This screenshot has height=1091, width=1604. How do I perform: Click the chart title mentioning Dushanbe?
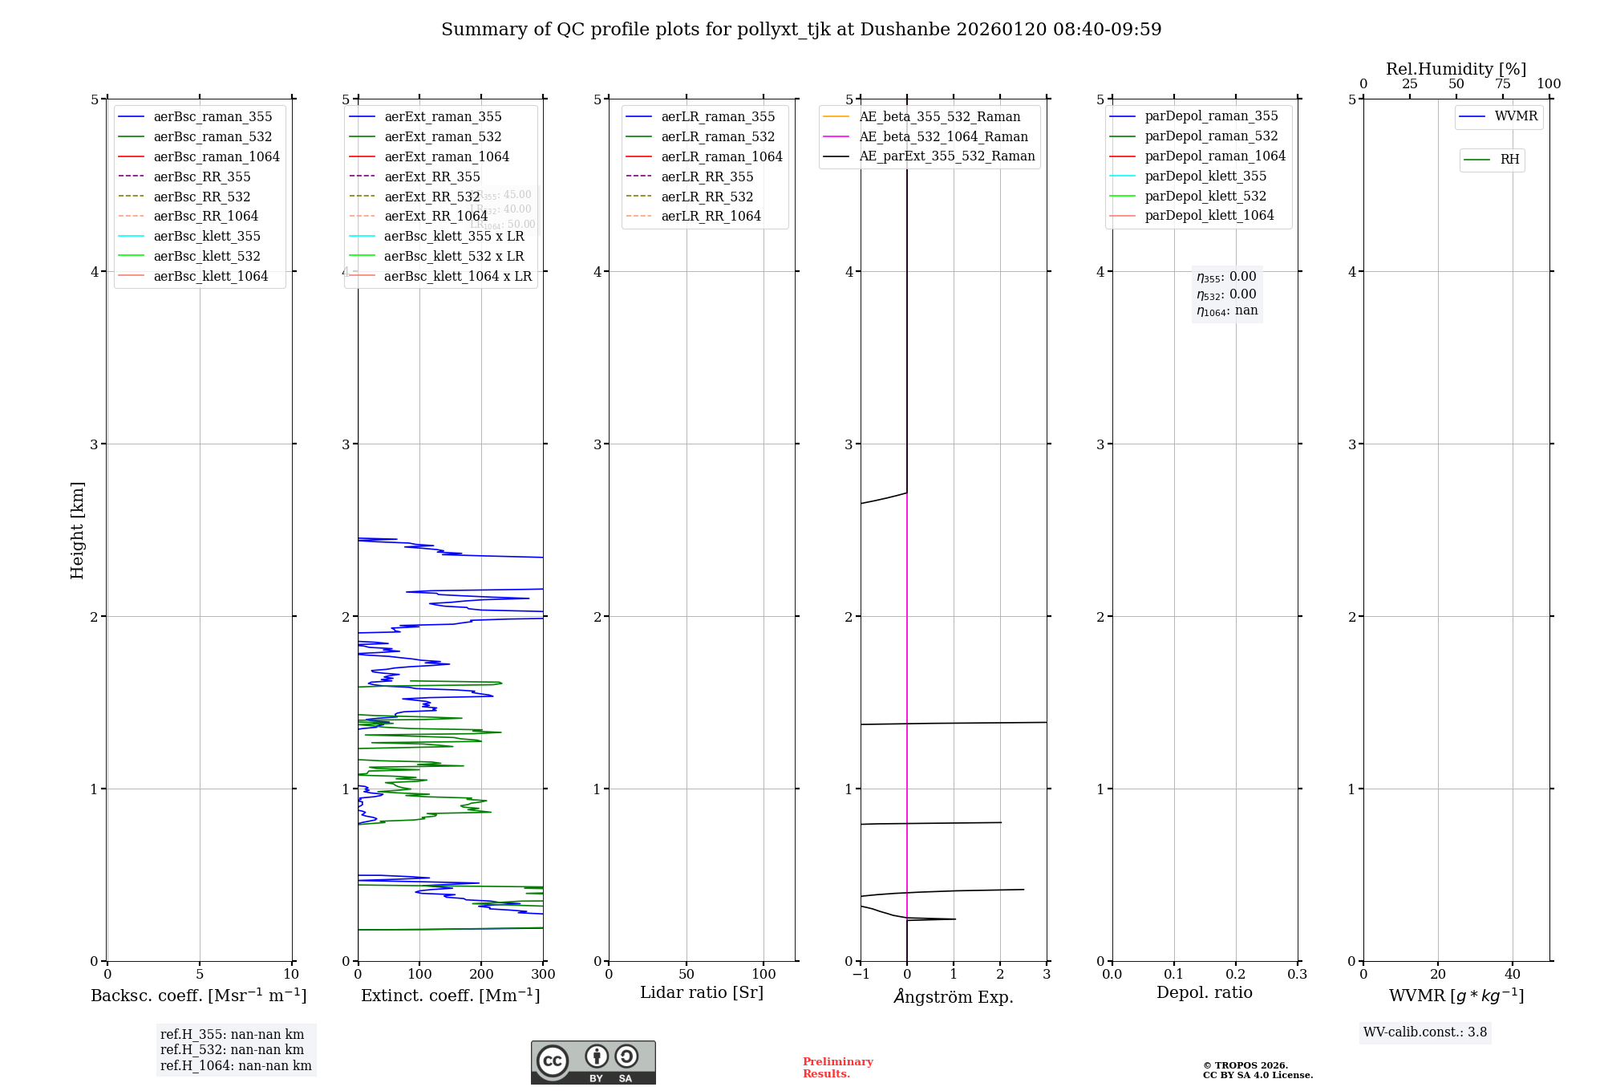tap(801, 30)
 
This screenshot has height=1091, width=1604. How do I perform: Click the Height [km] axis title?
tap(77, 530)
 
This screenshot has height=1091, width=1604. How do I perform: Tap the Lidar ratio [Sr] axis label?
tap(702, 992)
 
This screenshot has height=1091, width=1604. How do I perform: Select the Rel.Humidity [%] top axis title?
tap(1456, 69)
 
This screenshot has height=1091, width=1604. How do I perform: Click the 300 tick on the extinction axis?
tap(543, 975)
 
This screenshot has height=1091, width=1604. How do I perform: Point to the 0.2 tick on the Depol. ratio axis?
tap(1236, 975)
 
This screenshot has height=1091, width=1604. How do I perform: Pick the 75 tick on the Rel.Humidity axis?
tap(1502, 84)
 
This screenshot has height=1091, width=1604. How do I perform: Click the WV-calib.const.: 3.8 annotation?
tap(1425, 1032)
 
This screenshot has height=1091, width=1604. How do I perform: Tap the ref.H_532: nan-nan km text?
tap(232, 1049)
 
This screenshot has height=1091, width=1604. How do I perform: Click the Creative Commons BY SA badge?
tap(593, 1062)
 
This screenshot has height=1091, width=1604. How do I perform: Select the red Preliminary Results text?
tap(837, 1068)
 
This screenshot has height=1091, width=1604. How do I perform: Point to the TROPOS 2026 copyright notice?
tap(1257, 1070)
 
